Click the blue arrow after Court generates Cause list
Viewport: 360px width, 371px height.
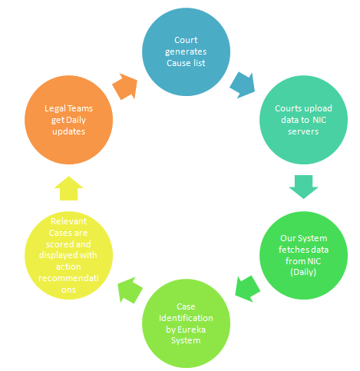[x=243, y=85]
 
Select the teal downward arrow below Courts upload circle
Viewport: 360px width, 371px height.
[x=303, y=187]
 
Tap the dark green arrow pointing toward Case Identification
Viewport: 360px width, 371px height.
[x=247, y=289]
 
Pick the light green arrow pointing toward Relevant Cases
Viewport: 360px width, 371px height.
[x=130, y=290]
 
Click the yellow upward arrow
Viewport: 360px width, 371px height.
[x=68, y=188]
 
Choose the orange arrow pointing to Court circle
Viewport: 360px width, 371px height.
[x=125, y=86]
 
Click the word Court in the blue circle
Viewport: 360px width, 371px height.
[x=186, y=40]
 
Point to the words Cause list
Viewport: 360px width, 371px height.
[x=186, y=63]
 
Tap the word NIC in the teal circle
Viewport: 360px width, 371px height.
[x=319, y=120]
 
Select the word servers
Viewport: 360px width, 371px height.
[x=303, y=131]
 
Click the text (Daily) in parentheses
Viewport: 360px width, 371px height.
[x=303, y=272]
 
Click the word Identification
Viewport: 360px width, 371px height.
[x=186, y=318]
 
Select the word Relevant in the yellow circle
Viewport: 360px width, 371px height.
[x=68, y=221]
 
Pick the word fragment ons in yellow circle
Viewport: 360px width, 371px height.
[x=68, y=290]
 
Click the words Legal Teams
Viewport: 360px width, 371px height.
[x=68, y=108]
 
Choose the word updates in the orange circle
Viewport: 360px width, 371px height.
[x=68, y=131]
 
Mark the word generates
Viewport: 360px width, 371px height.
[x=186, y=52]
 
